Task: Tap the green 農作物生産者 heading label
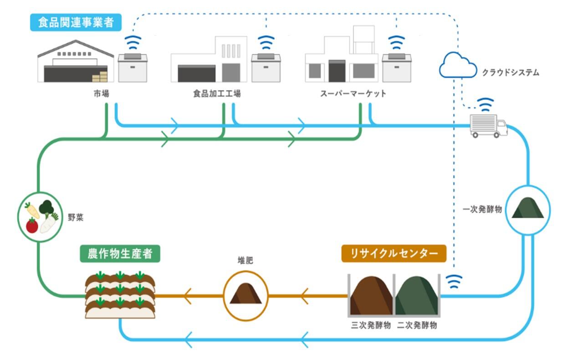[x=120, y=254]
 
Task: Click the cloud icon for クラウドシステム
[x=457, y=65]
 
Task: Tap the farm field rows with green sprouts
[x=120, y=295]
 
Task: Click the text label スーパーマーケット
[x=353, y=94]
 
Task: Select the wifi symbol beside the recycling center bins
[x=454, y=283]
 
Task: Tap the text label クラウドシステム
[x=510, y=72]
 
